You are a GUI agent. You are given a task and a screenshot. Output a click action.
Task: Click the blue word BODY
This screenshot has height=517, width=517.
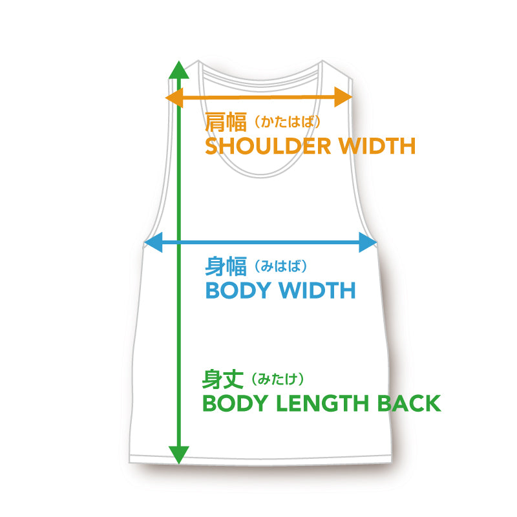pos(237,290)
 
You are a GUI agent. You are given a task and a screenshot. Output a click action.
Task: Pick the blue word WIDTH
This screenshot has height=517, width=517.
pos(317,290)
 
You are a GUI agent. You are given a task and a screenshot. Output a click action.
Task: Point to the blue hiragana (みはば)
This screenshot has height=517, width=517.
pos(277,266)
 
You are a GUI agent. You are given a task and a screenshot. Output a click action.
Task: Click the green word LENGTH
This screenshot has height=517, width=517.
pos(318,403)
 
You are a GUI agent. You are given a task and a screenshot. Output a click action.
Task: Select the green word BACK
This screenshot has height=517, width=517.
pos(407,403)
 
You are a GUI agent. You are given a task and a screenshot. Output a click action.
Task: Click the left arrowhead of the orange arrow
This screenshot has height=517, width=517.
pos(173,98)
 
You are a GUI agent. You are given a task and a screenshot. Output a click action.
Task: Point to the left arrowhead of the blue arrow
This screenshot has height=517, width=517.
pos(151,243)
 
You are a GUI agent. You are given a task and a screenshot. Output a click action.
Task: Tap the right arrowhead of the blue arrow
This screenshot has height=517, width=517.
pos(370,243)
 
